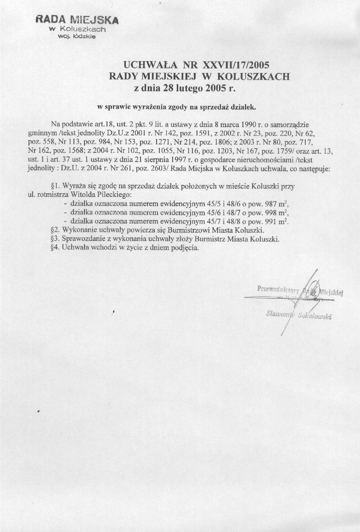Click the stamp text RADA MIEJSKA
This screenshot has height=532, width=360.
pos(77,20)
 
